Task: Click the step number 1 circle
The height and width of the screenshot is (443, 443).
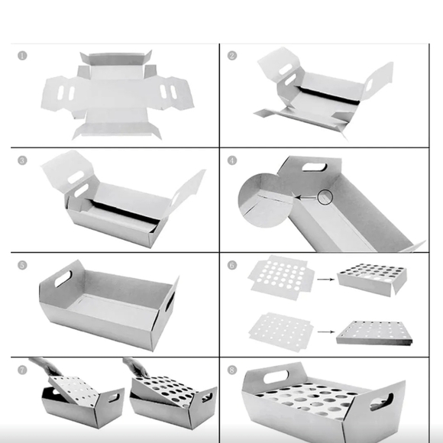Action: point(22,55)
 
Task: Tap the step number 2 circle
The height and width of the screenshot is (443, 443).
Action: point(232,55)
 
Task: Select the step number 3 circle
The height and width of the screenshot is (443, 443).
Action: point(22,160)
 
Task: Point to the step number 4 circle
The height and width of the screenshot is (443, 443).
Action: point(232,160)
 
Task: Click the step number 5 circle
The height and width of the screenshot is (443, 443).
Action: point(22,265)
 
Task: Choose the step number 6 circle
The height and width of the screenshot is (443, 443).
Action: point(232,265)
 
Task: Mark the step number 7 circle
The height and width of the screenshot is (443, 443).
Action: point(22,370)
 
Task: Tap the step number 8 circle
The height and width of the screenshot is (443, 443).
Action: point(232,370)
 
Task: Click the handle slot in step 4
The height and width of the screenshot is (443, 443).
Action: point(315,167)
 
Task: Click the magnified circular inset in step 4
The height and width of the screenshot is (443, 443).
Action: point(265,200)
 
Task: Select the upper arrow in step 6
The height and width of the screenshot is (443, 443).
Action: point(325,280)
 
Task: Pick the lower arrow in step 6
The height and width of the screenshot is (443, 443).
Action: point(326,331)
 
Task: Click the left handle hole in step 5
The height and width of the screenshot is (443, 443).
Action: point(63,279)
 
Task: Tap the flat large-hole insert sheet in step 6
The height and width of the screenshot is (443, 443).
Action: point(281,277)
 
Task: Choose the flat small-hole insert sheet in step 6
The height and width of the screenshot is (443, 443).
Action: point(281,332)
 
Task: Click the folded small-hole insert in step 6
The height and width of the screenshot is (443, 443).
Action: point(374,333)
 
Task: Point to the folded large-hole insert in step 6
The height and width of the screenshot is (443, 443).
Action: point(372,280)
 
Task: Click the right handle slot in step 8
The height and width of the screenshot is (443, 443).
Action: point(382,402)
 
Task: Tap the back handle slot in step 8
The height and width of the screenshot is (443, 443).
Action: point(276,377)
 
